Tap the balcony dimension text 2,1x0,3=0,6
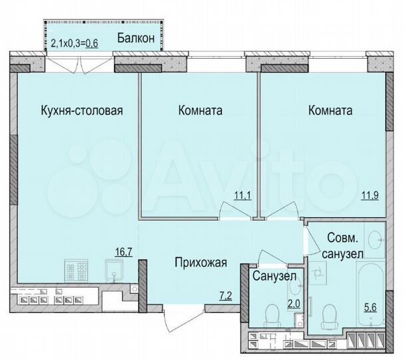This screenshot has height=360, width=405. tap(75, 45)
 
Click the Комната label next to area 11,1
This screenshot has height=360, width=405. tap(201, 110)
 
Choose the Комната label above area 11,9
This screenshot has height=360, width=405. tap(330, 110)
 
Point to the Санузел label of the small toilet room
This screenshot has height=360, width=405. tap(274, 275)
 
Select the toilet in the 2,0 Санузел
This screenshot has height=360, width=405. tap(272, 314)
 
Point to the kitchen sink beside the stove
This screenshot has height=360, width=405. tap(115, 272)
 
